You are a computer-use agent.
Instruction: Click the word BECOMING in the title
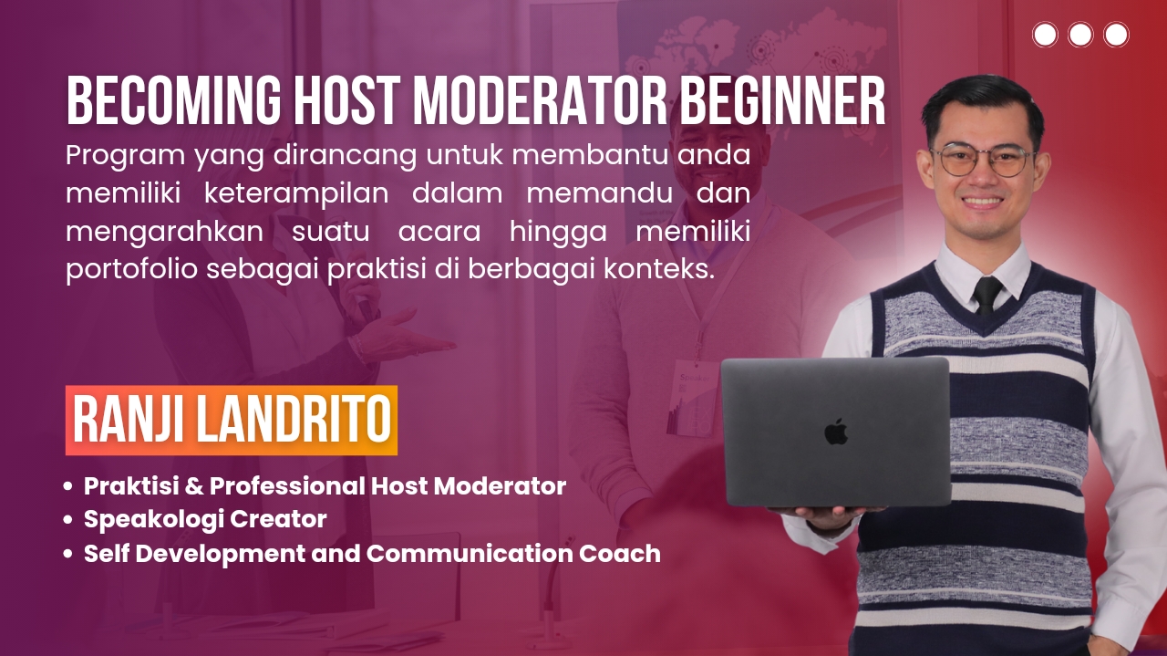(173, 100)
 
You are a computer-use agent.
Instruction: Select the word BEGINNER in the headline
(783, 100)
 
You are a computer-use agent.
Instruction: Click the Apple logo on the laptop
(836, 432)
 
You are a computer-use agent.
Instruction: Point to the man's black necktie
(986, 295)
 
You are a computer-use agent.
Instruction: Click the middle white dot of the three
(1080, 35)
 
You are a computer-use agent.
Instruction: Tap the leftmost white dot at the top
(1045, 35)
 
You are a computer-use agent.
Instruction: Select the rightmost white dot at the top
(1116, 35)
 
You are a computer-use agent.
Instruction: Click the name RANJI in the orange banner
(129, 420)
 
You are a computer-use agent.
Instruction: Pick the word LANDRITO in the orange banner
(294, 420)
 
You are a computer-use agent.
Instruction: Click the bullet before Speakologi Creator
(67, 520)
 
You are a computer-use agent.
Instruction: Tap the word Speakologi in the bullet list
(152, 520)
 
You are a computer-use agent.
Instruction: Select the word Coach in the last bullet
(619, 553)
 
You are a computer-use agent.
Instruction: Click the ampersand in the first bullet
(194, 486)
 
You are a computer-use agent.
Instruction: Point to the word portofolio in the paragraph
(132, 269)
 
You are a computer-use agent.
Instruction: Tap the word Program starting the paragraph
(126, 156)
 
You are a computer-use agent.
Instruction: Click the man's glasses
(984, 160)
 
